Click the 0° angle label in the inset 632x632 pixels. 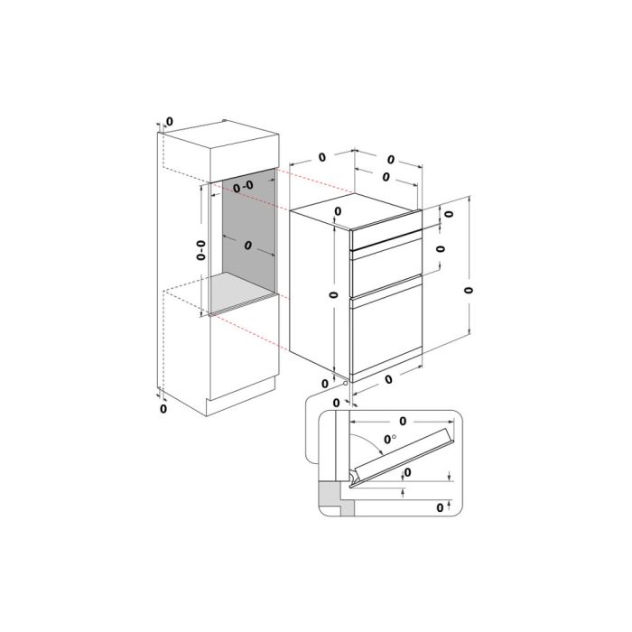coord(388,439)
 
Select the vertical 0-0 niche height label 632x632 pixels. coord(201,250)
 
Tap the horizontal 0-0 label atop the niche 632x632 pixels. coord(243,186)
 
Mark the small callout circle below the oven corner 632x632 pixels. coord(345,384)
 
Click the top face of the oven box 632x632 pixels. coord(355,210)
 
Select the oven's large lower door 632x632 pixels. coord(387,330)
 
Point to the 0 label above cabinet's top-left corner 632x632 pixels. coord(170,121)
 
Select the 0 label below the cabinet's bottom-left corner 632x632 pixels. coord(163,409)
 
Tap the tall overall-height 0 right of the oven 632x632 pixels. coord(468,290)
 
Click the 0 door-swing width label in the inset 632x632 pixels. coord(403,422)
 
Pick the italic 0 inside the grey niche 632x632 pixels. coord(248,245)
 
